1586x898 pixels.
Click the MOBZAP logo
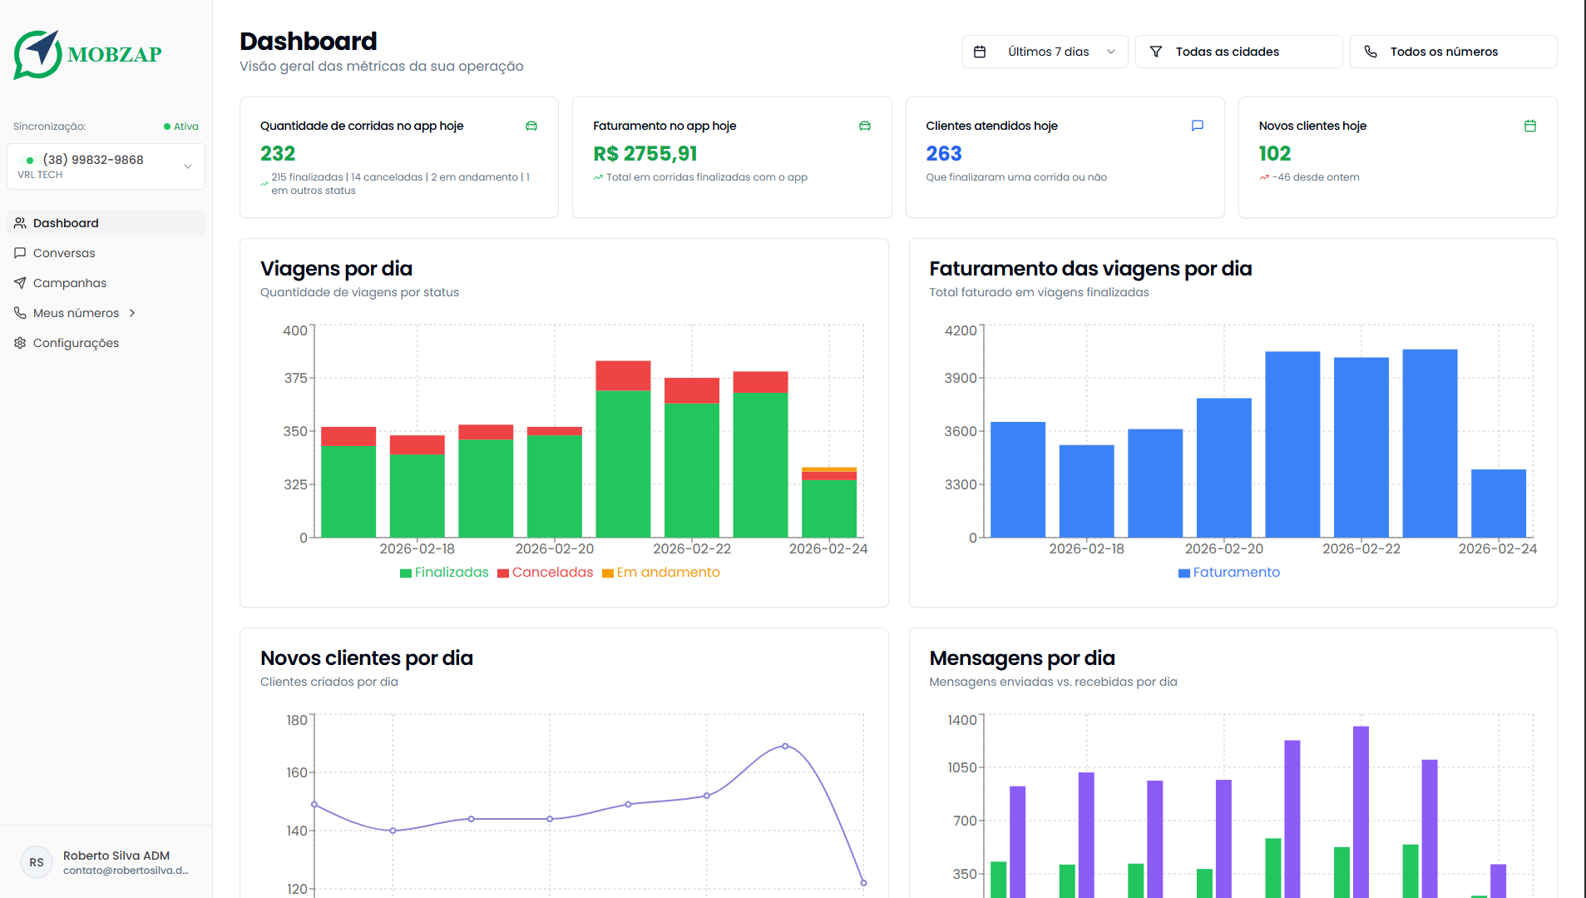pos(87,55)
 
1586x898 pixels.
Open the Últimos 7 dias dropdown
pos(1045,52)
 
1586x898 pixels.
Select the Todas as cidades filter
pos(1238,52)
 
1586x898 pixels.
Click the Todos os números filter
pos(1453,52)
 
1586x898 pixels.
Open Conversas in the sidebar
pos(64,253)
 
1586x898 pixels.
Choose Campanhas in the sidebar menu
pos(70,283)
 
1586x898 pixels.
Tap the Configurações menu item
pos(76,343)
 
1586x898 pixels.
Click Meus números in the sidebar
pos(76,313)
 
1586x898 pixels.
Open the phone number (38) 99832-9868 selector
pos(106,166)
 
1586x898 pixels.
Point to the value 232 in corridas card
pos(278,154)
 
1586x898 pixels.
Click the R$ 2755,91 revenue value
pos(645,154)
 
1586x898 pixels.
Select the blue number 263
pos(944,154)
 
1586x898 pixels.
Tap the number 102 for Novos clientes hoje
pos(1275,154)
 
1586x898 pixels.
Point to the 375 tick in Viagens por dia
pos(295,378)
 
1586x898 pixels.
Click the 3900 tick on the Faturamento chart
pos(961,378)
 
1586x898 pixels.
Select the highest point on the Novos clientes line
pos(785,747)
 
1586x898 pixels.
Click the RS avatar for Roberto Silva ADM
pos(37,862)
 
